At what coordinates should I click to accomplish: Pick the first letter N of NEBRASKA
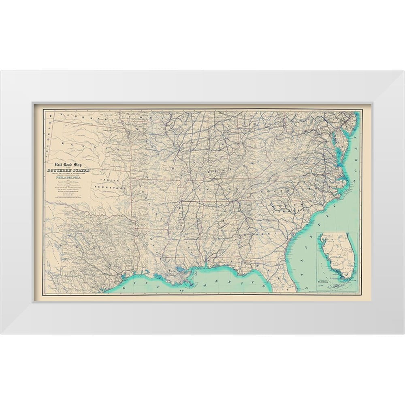click(59, 115)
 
